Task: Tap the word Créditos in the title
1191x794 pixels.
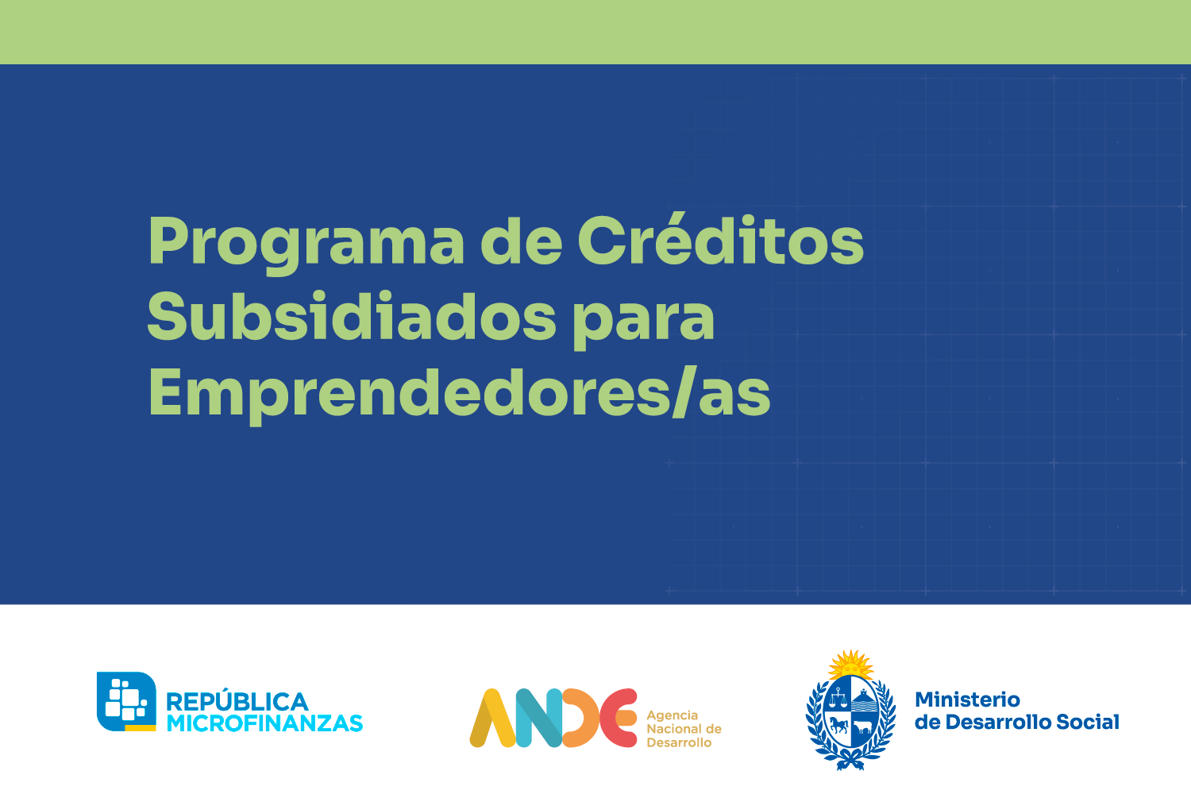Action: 721,239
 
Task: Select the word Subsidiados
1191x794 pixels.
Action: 352,316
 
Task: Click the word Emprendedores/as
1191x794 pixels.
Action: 460,394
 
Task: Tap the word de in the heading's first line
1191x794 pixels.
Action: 521,239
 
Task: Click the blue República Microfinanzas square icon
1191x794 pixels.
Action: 126,701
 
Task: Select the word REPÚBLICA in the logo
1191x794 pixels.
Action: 237,702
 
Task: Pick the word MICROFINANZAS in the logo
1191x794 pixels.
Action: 264,723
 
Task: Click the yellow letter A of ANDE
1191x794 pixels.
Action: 492,718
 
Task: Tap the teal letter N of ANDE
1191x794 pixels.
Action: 539,718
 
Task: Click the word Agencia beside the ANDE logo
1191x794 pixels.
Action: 672,716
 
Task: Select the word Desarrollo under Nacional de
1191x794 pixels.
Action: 679,742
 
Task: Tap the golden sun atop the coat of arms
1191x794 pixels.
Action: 851,665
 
